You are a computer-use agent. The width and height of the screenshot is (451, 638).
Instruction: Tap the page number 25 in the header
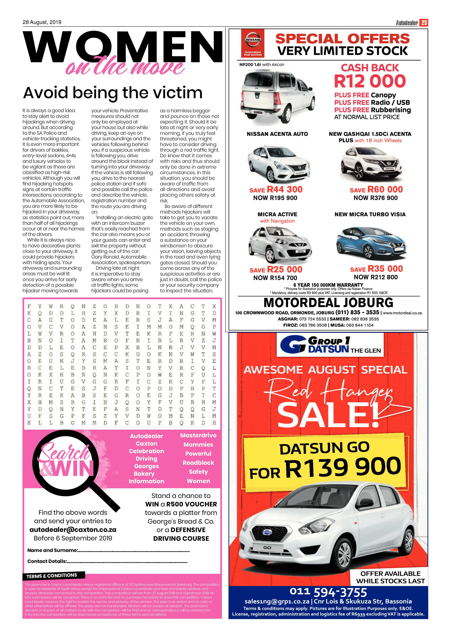tap(424, 23)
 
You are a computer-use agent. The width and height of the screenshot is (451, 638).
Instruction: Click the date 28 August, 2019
tap(42, 22)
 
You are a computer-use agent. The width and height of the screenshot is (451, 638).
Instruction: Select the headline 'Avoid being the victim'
tap(113, 93)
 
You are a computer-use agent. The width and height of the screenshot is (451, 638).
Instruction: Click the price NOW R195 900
tap(275, 198)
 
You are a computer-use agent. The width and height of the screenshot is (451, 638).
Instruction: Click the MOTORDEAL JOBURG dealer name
tap(328, 303)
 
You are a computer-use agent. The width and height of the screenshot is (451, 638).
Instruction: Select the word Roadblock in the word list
tap(198, 463)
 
